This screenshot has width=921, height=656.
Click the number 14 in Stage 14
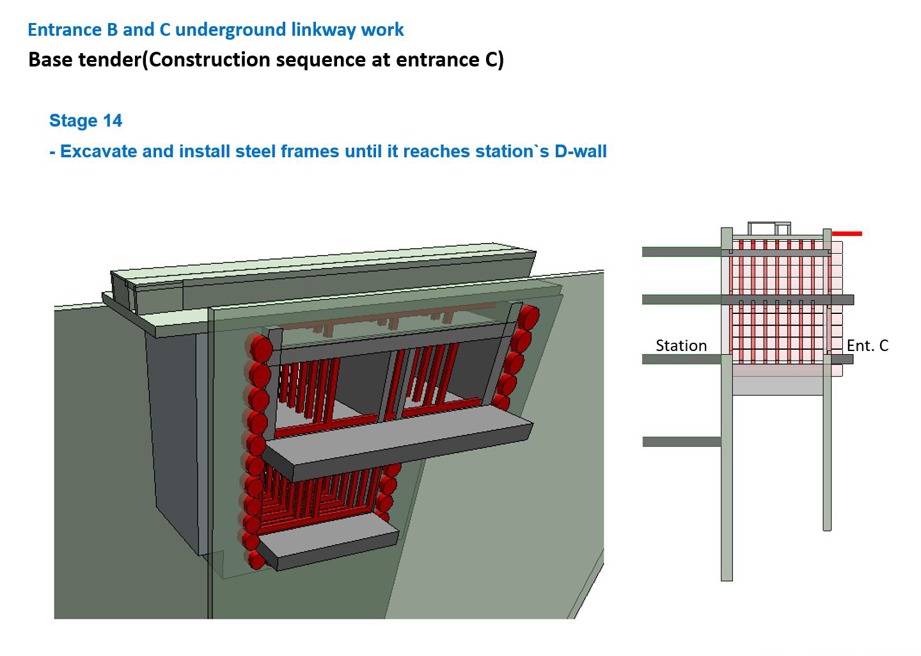click(113, 120)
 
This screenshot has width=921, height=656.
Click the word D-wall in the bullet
click(581, 152)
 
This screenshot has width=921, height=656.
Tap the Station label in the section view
click(681, 346)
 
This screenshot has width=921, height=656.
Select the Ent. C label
click(867, 346)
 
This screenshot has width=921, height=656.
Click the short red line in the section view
click(847, 234)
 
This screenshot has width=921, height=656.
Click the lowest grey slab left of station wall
click(682, 442)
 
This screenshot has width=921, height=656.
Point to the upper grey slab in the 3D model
click(398, 443)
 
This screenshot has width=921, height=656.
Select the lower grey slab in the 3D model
click(327, 542)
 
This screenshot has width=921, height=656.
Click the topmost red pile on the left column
click(260, 348)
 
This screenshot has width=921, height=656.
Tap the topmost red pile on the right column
click(528, 317)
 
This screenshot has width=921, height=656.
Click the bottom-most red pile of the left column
click(256, 561)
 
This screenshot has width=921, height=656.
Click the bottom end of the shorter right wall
click(827, 530)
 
